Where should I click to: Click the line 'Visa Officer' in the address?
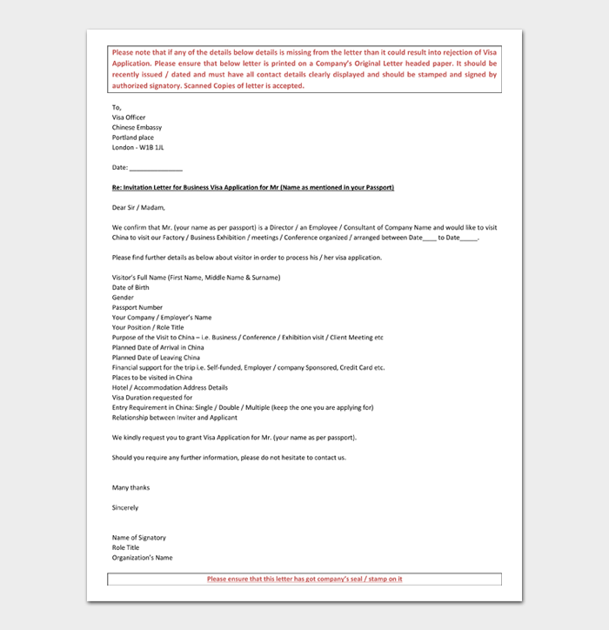[x=129, y=117]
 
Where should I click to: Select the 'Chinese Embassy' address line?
[x=137, y=128]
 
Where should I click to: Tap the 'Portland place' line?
[x=133, y=137]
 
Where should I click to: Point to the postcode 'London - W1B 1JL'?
[x=137, y=148]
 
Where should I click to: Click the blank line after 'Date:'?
[x=156, y=168]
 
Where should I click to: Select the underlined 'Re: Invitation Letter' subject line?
[x=253, y=188]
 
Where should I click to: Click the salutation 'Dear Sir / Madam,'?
[x=138, y=207]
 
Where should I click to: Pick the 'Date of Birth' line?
[x=130, y=287]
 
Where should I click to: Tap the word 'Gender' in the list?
[x=123, y=298]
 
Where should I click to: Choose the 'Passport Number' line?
[x=137, y=307]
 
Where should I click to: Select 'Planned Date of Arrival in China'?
[x=158, y=347]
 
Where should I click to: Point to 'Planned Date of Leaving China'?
[x=156, y=358]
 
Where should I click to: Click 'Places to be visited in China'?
[x=152, y=378]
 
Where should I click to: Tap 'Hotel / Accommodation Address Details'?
[x=170, y=387]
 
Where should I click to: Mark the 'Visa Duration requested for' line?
[x=152, y=398]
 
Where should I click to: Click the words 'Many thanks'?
[x=130, y=488]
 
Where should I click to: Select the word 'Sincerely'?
[x=125, y=507]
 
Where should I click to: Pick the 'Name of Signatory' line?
[x=139, y=538]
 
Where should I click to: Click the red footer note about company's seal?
[x=304, y=579]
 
